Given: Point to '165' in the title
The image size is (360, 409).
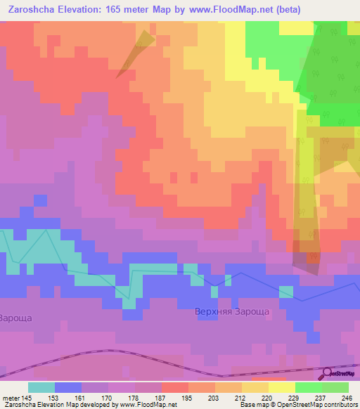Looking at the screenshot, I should coord(122,9).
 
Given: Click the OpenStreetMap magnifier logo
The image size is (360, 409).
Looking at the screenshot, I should coord(327,374).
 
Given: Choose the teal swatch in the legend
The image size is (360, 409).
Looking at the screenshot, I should coord(41,387).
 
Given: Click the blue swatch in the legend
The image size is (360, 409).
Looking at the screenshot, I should coord(68,387).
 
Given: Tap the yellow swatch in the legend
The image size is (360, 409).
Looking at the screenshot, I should coord(281,387).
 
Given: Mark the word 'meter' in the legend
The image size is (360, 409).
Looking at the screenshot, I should coord(11,398).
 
